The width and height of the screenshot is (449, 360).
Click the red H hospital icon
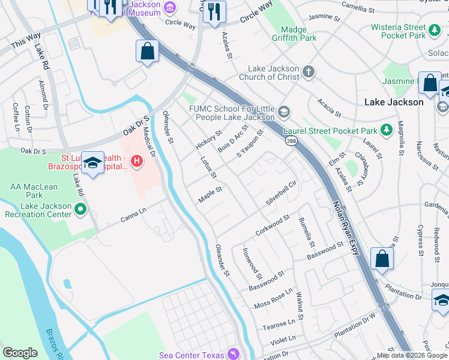click(x=137, y=161)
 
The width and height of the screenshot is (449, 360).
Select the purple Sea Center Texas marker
click(x=234, y=355)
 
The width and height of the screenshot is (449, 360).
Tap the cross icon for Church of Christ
click(x=308, y=73)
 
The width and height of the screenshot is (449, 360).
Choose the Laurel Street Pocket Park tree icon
click(x=387, y=130)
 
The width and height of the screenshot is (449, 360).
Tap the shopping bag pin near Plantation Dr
click(x=382, y=260)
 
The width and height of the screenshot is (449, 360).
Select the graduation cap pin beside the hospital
click(x=93, y=163)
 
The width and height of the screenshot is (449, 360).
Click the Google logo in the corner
click(x=20, y=353)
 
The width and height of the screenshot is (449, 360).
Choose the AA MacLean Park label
click(x=34, y=191)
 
